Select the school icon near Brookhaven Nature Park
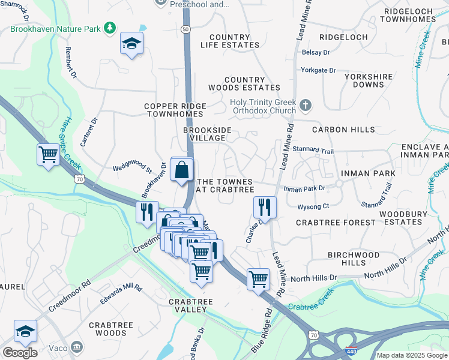[131, 43]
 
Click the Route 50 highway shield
[185, 29]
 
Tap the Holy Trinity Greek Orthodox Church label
[264, 106]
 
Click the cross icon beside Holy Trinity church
[306, 106]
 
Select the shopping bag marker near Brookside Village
[181, 170]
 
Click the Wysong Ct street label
[313, 206]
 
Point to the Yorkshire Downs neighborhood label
[368, 80]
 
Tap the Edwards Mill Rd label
[121, 293]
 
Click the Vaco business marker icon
[77, 347]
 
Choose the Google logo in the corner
[20, 353]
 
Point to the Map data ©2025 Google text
[411, 355]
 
